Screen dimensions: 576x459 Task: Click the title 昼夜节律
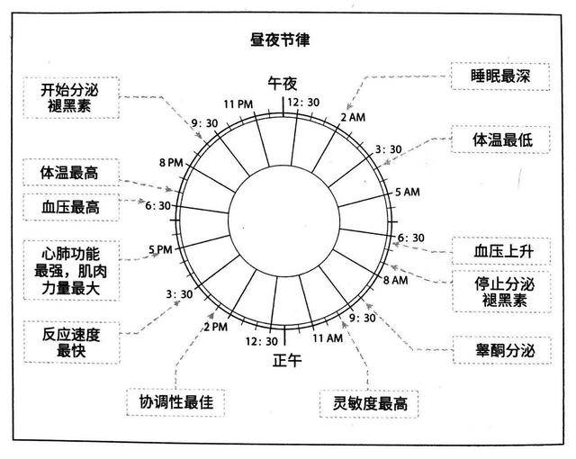click(x=280, y=40)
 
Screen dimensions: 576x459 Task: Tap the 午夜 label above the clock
click(x=282, y=84)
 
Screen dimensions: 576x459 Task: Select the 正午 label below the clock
click(x=287, y=360)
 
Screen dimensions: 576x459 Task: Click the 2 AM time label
click(x=353, y=118)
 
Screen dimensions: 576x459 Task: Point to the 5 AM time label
click(x=408, y=192)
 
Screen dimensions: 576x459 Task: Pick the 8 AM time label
click(x=396, y=280)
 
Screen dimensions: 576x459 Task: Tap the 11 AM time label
click(x=328, y=337)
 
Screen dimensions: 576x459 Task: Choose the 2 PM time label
click(x=216, y=327)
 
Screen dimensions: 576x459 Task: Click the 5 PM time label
click(x=160, y=249)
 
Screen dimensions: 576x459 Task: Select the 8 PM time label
click(x=171, y=162)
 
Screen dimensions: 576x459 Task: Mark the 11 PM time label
click(x=238, y=104)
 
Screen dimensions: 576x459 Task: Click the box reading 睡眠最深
click(x=500, y=76)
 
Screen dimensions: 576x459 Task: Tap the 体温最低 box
click(x=500, y=139)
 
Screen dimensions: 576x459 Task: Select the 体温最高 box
click(x=71, y=173)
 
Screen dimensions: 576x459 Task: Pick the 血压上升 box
click(x=501, y=251)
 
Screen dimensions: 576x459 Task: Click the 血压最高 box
click(x=71, y=207)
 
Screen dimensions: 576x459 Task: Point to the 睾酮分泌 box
click(x=502, y=350)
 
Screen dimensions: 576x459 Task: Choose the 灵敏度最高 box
click(x=369, y=404)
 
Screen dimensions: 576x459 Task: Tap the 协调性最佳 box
click(x=175, y=402)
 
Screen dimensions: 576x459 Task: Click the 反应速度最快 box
click(x=72, y=343)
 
